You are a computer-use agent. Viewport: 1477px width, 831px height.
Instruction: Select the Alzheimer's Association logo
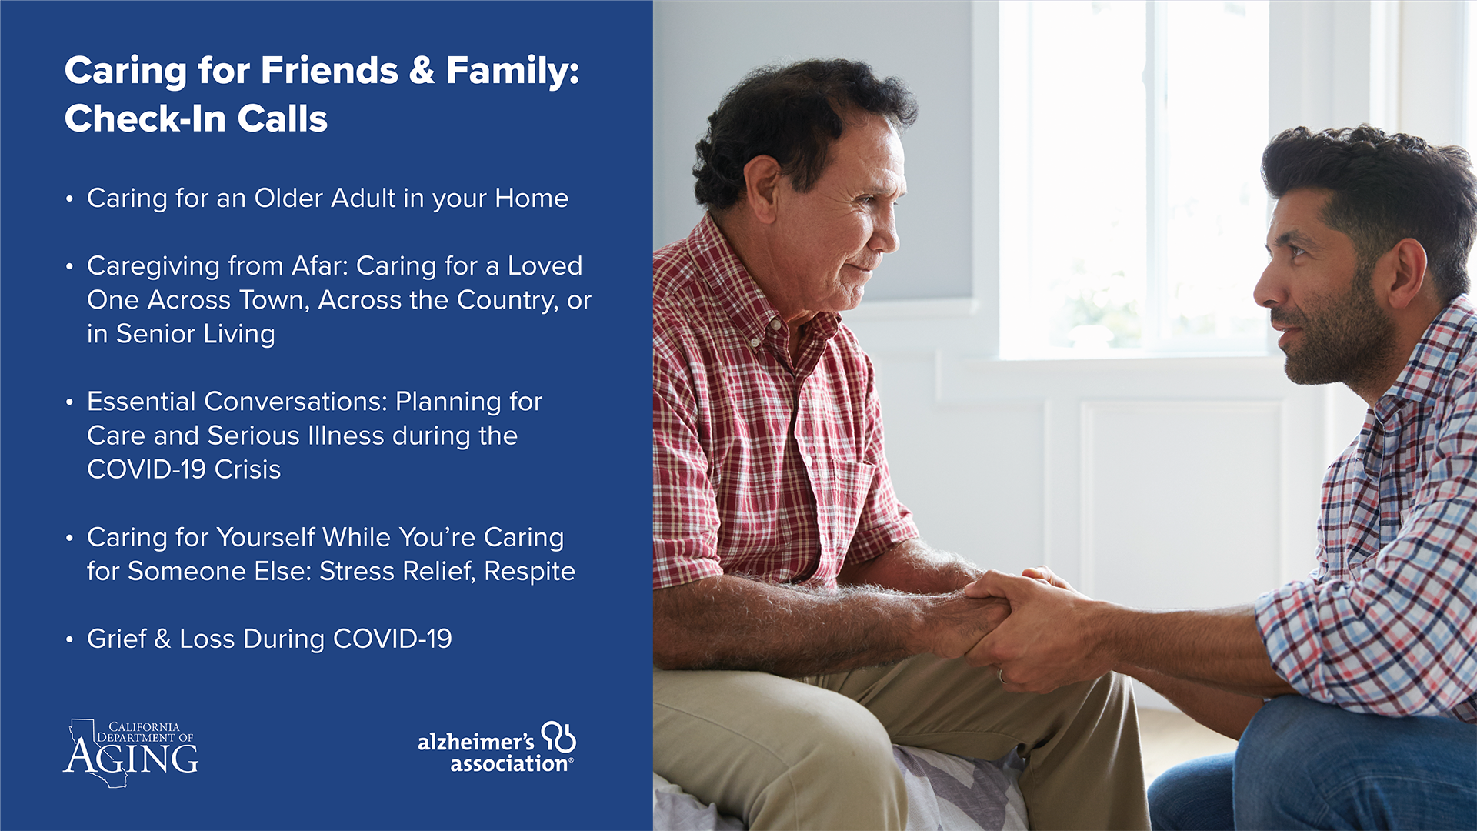point(497,747)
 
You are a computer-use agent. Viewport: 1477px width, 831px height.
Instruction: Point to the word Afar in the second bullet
point(320,265)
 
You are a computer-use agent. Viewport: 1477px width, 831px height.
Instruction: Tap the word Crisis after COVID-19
point(248,469)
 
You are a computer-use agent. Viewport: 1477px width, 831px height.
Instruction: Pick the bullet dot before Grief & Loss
point(69,640)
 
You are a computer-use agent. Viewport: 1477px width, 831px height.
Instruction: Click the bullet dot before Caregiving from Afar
point(69,267)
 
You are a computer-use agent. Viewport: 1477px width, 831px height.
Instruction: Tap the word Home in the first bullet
point(532,199)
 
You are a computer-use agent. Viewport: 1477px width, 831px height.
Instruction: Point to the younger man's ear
point(1406,274)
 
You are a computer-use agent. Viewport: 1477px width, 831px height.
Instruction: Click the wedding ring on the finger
point(1002,676)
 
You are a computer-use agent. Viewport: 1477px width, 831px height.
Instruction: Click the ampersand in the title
point(422,71)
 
